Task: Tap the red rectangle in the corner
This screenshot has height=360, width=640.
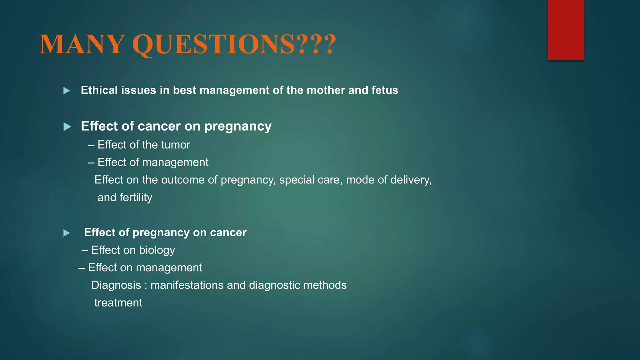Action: tap(566, 30)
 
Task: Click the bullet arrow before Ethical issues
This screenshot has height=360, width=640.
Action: tap(67, 91)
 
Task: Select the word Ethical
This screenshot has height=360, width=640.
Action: tap(99, 90)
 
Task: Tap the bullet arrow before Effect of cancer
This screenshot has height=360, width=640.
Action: tap(67, 127)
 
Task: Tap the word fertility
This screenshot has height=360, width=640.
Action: tap(136, 197)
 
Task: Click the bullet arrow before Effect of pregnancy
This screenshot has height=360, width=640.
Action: tap(67, 233)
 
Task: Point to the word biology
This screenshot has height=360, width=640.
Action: tap(157, 250)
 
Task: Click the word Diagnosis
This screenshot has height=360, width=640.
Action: tap(116, 285)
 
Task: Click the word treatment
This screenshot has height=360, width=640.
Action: tap(118, 303)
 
